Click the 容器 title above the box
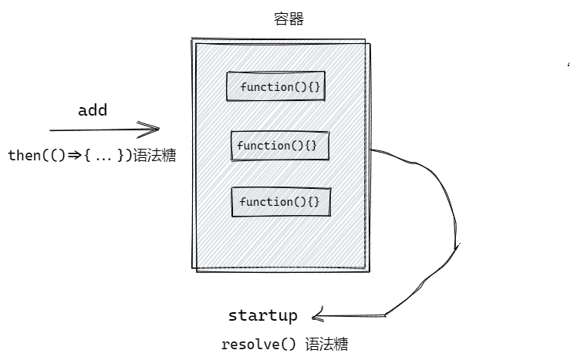coord(288,19)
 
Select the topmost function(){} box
coord(274,86)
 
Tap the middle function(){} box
coord(275,145)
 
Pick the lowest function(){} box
coord(280,202)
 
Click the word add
coord(93,110)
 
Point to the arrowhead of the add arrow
coord(154,129)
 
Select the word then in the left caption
coord(22,155)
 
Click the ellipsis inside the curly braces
coord(103,156)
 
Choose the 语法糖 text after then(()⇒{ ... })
coord(154,155)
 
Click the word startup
coord(262,315)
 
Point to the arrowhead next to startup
coord(317,315)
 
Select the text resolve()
coord(258,344)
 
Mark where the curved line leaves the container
coord(372,150)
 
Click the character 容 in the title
coord(282,19)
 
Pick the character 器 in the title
coord(296,19)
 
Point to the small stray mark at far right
coord(569,69)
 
